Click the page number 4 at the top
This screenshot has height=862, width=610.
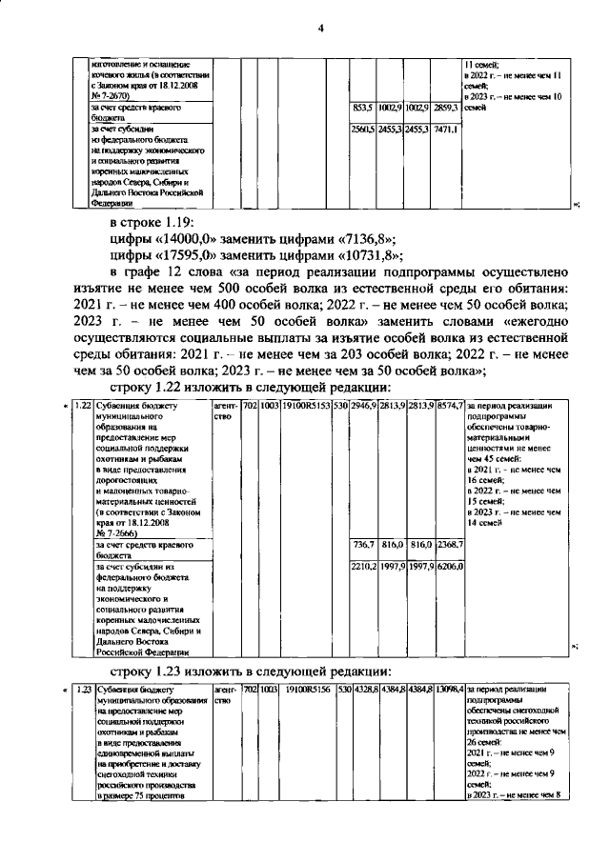[x=321, y=28]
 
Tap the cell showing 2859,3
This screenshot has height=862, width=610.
[x=445, y=110]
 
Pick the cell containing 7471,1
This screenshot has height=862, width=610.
[x=445, y=129]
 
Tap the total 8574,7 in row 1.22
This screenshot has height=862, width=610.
[x=451, y=407]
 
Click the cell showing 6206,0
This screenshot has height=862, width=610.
[x=451, y=566]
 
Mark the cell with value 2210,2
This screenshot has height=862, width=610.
[x=363, y=566]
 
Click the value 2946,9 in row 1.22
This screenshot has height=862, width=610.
[x=363, y=407]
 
